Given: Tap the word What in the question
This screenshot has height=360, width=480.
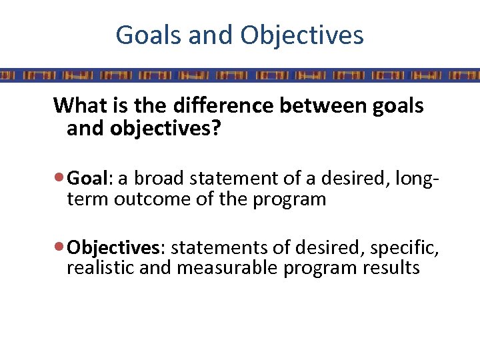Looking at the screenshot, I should (77, 105).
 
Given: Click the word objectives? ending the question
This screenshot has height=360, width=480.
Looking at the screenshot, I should (174, 128).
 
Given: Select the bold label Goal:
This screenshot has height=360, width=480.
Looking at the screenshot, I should (91, 179).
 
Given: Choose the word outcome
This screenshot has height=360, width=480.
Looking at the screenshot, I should (153, 199).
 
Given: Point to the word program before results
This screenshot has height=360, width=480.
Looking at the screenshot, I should (321, 269).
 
